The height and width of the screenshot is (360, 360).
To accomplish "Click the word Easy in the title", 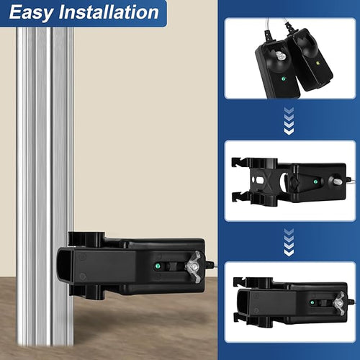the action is [x=31, y=12].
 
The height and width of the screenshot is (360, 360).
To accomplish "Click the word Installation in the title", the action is [x=109, y=12].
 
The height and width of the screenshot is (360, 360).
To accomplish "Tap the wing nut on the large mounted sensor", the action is [x=194, y=267].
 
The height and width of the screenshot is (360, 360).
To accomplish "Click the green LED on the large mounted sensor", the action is [x=158, y=266].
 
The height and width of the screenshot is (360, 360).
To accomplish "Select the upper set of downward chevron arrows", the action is [x=289, y=121].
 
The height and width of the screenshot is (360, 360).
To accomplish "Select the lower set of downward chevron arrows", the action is [x=289, y=242].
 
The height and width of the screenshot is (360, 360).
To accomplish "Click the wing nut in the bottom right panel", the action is [x=339, y=303].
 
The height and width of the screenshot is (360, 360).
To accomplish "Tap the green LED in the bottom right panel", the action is [x=312, y=302].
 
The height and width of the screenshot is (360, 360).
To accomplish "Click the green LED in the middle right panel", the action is [x=315, y=182].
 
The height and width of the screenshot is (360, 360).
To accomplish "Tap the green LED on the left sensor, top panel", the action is [x=284, y=78].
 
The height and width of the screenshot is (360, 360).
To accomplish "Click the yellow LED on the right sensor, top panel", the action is [x=318, y=63].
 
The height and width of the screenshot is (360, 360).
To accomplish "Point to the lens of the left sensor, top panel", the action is [x=279, y=57].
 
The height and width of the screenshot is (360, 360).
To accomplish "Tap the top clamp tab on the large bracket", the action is [x=86, y=239].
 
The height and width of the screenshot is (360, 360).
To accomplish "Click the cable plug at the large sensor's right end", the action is [x=210, y=264].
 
